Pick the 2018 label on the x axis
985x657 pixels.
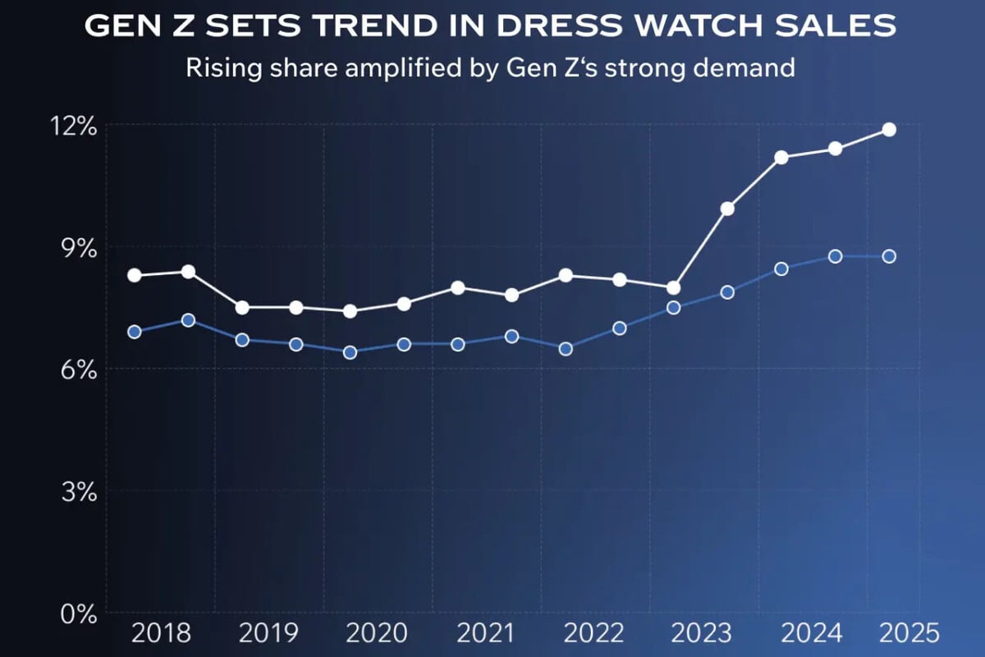(x=161, y=634)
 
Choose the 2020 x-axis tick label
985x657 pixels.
(x=377, y=634)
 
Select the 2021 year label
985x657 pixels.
(x=484, y=634)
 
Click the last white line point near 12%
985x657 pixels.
(x=889, y=130)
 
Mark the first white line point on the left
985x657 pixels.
(x=135, y=275)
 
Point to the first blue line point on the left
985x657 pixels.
(x=135, y=332)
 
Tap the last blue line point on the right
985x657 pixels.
(x=889, y=256)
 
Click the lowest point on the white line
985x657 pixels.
(x=350, y=311)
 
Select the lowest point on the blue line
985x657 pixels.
(x=350, y=352)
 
